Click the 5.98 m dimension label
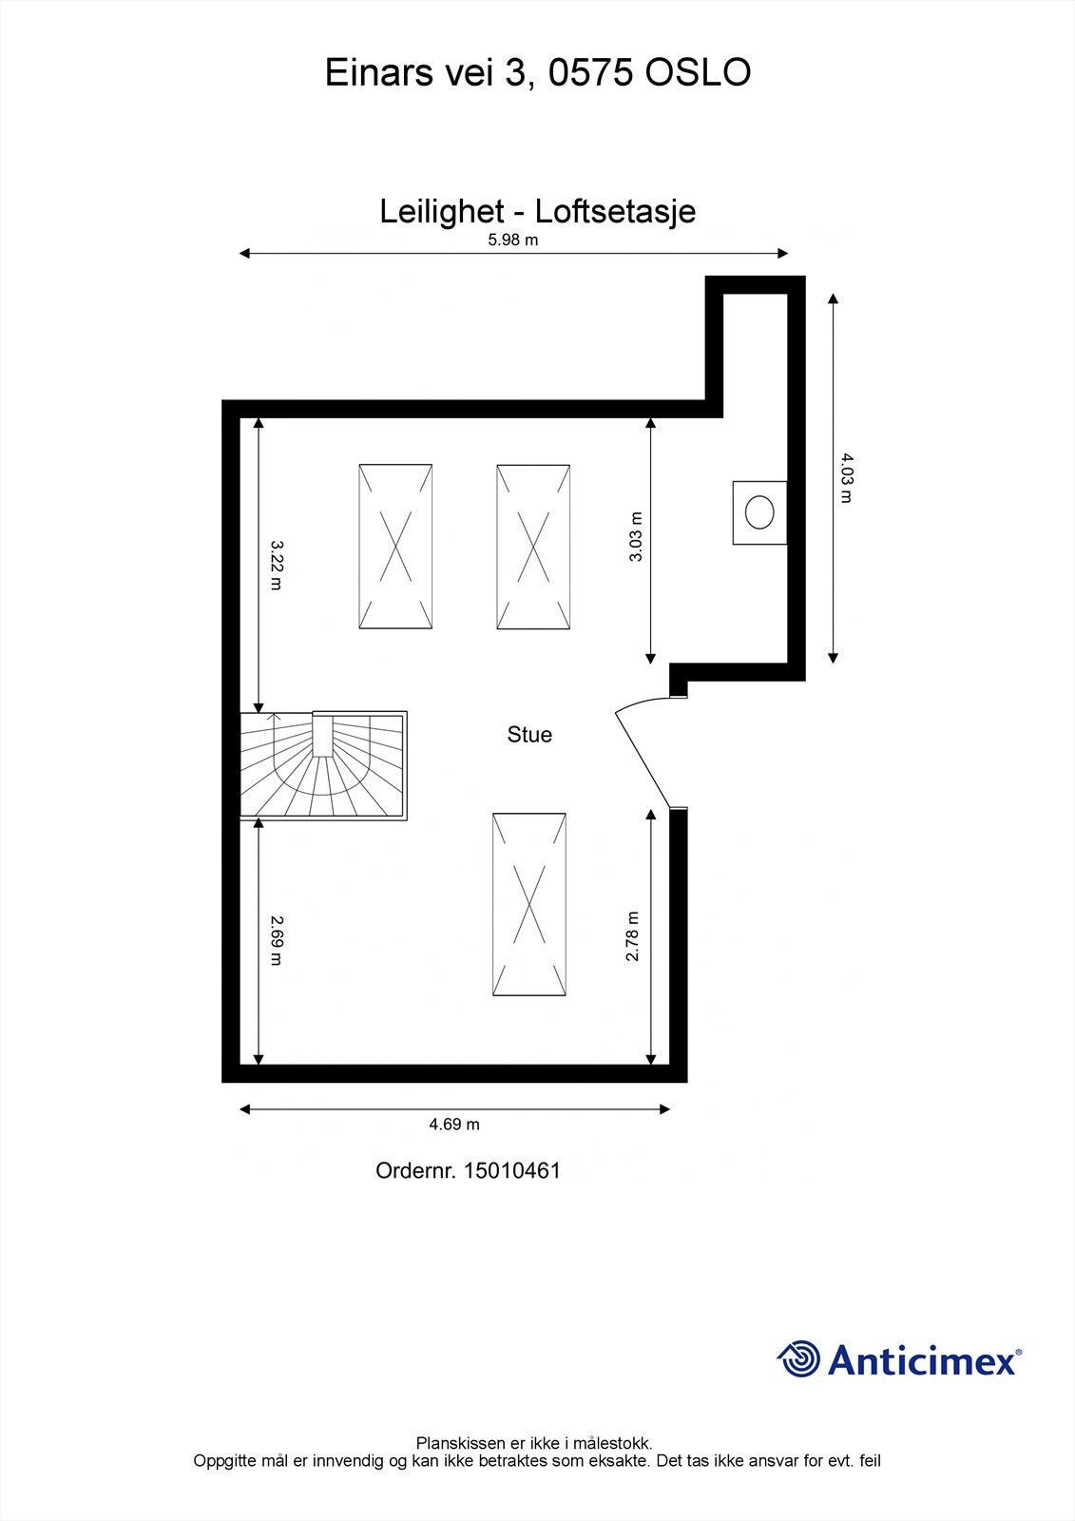click(x=512, y=240)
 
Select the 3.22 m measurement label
click(x=276, y=565)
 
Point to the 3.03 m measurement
click(x=636, y=537)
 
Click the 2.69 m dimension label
click(x=276, y=939)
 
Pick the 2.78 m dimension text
click(x=632, y=936)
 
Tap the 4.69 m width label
click(x=454, y=1124)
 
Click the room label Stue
click(x=529, y=735)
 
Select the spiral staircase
click(x=323, y=765)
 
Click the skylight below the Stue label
click(x=529, y=904)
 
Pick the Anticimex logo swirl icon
click(x=798, y=1358)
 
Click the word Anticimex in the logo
click(x=922, y=1359)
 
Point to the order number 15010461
click(x=511, y=1170)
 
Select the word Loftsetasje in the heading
click(x=615, y=211)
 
